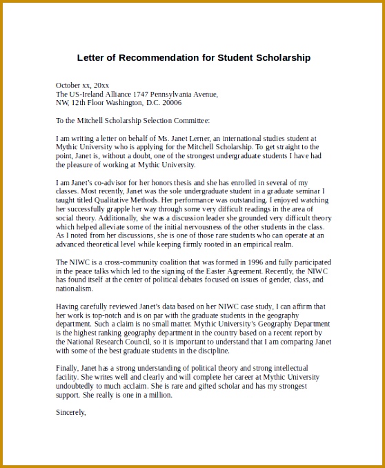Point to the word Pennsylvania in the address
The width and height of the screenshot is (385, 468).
pos(168,94)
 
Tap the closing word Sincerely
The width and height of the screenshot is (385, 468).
pos(70,413)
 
